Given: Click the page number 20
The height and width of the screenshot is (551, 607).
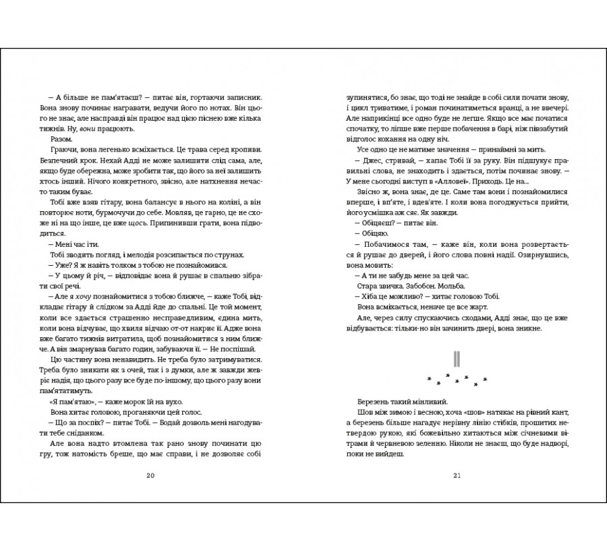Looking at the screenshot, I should point(150,476).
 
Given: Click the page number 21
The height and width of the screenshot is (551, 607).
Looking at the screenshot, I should point(456,476).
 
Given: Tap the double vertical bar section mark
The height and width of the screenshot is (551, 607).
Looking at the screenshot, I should point(456,358).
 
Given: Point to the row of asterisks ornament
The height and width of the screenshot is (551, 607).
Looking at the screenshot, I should point(457,380).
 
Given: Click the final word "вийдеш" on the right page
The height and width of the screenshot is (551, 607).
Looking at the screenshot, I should point(388,456).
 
